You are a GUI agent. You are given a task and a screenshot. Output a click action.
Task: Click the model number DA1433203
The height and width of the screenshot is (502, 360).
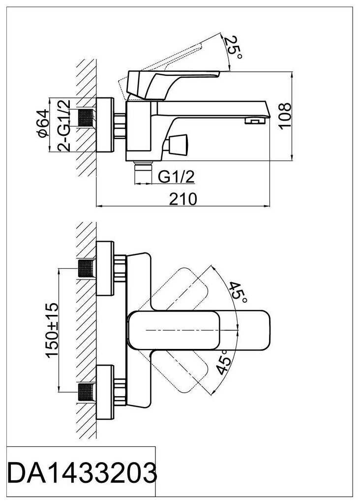click(82, 473)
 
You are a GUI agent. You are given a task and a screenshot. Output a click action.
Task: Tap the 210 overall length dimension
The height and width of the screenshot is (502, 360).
click(183, 199)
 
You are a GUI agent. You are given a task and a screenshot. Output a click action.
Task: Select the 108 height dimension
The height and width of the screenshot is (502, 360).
click(285, 115)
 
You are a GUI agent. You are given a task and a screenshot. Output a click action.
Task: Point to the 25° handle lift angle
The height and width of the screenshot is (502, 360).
click(233, 48)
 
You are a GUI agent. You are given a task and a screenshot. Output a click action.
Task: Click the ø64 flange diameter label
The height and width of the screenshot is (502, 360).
click(43, 123)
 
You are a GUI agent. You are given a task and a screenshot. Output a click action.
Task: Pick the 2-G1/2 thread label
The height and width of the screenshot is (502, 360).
click(64, 125)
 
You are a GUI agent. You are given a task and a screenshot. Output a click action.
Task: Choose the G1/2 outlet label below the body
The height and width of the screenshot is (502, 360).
click(177, 176)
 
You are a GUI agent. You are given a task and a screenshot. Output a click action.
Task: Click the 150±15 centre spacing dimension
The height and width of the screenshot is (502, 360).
click(52, 330)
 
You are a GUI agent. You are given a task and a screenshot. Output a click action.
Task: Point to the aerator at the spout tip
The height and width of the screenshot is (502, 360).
click(255, 121)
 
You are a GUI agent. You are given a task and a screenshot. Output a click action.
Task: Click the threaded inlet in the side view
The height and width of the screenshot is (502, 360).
click(87, 118)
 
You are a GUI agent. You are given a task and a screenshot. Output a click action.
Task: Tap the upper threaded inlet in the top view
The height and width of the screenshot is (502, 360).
click(87, 268)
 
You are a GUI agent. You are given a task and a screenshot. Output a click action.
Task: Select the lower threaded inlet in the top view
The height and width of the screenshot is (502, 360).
click(87, 392)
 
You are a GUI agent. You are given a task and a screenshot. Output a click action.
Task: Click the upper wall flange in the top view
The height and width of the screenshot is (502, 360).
click(105, 268)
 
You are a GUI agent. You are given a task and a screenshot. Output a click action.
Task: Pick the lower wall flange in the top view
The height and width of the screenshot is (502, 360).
click(105, 392)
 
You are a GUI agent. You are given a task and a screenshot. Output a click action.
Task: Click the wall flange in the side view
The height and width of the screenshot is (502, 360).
click(105, 125)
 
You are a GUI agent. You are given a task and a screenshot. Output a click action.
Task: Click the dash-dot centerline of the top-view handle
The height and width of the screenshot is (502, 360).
click(192, 329)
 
